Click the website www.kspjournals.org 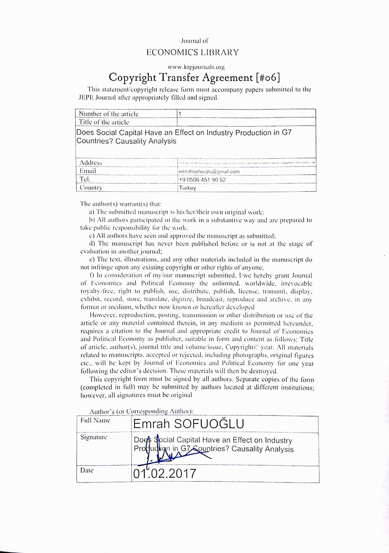click(196, 67)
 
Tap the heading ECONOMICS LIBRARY click(192, 52)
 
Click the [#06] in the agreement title click(267, 77)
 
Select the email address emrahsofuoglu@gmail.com click(209, 171)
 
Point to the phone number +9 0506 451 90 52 click(202, 180)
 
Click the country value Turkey click(188, 188)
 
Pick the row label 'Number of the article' click(109, 114)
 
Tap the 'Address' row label click(91, 163)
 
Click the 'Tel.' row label click(85, 179)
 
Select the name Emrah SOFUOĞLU click(189, 424)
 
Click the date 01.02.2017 click(165, 474)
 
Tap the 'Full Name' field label click(95, 420)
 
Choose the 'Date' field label click(87, 470)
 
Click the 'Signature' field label click(94, 437)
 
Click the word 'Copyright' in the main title click(133, 77)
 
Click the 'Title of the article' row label click(104, 122)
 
